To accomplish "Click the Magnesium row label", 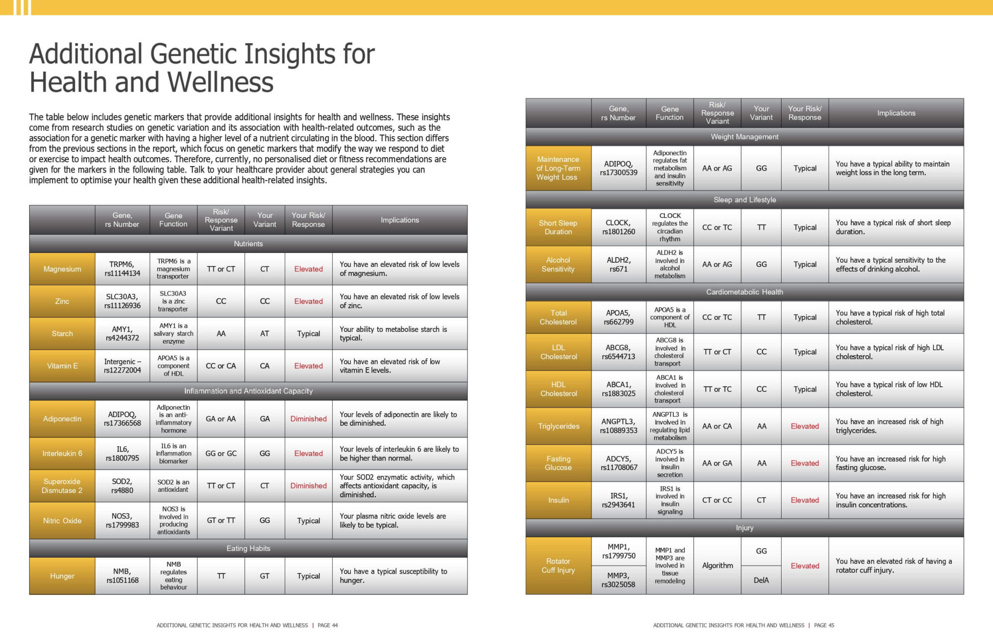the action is [62, 269].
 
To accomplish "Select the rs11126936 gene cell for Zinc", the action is [122, 301].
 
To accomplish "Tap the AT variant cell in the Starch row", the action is [265, 333].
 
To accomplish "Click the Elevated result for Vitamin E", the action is [308, 366].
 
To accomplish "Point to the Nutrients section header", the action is [248, 244].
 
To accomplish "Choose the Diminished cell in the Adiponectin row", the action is [308, 419].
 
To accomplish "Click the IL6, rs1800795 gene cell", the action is [122, 454].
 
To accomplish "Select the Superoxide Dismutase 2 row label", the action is [62, 485].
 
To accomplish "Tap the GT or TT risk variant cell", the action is [221, 520].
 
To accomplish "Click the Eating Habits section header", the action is [248, 548].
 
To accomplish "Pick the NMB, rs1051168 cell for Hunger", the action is [122, 576].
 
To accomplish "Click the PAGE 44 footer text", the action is [328, 625].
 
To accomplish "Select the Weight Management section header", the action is [745, 137].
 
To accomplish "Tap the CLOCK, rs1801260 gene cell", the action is [619, 227].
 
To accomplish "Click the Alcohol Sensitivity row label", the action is [558, 265].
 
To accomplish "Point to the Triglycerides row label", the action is [559, 426].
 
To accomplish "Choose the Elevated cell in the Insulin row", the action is [805, 500].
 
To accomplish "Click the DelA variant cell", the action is [761, 580].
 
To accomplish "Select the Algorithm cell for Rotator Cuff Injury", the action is [718, 565].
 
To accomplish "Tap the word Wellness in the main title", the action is [221, 82].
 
